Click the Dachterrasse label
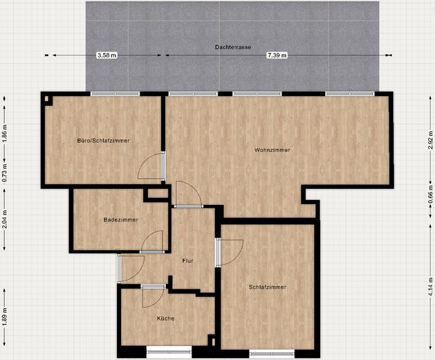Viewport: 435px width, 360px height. tap(233, 47)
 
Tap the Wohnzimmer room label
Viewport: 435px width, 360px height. tap(272, 150)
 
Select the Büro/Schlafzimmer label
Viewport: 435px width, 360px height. tap(104, 141)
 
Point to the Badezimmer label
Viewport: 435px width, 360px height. tap(120, 219)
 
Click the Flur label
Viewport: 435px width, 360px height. tap(187, 261)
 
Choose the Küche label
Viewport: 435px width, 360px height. tap(165, 318)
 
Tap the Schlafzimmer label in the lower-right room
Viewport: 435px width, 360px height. tap(267, 287)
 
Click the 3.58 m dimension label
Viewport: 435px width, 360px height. tap(107, 55)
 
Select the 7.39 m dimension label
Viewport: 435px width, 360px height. tap(277, 55)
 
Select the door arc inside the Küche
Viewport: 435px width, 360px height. tap(152, 297)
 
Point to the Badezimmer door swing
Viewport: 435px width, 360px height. tap(153, 241)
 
